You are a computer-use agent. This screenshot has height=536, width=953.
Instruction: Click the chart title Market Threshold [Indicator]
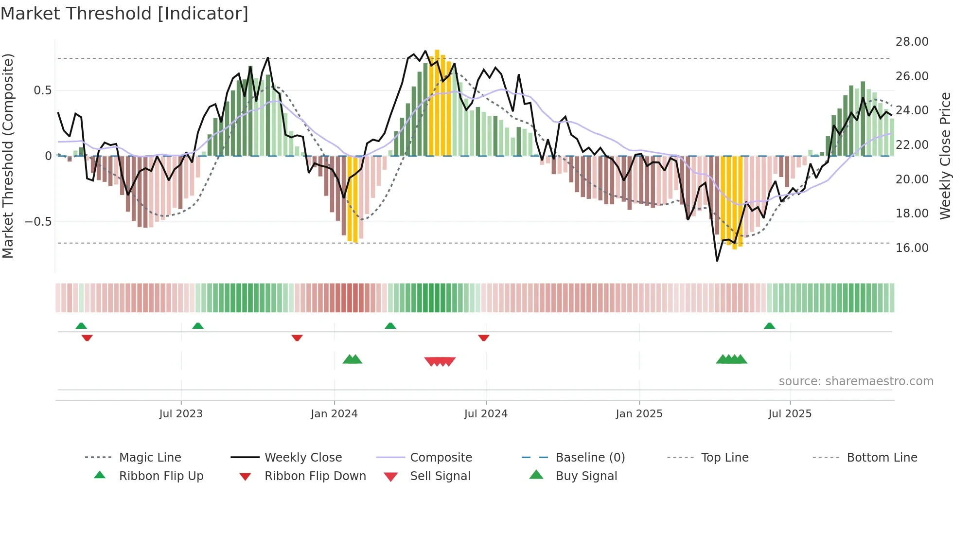[x=124, y=14]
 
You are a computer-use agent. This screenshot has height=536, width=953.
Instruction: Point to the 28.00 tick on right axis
[x=912, y=42]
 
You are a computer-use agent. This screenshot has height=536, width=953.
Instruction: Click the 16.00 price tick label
[x=912, y=248]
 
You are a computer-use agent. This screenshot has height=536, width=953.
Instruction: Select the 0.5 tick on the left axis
[x=43, y=90]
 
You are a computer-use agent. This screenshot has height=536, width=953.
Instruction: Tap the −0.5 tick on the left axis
[x=38, y=222]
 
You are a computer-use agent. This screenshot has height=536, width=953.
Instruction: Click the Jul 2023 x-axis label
[x=181, y=414]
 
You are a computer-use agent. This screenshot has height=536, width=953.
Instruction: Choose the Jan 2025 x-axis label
[x=639, y=414]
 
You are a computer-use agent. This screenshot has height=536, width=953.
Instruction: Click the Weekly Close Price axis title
[x=945, y=156]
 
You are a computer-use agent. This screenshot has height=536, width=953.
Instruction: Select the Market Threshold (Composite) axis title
[x=8, y=156]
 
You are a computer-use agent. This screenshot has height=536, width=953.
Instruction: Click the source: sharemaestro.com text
[x=856, y=381]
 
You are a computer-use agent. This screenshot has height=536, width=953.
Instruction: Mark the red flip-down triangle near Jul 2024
[x=483, y=338]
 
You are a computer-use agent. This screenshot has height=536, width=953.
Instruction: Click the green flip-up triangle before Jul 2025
[x=769, y=326]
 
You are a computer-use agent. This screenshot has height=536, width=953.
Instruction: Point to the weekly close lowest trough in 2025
[x=717, y=261]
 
